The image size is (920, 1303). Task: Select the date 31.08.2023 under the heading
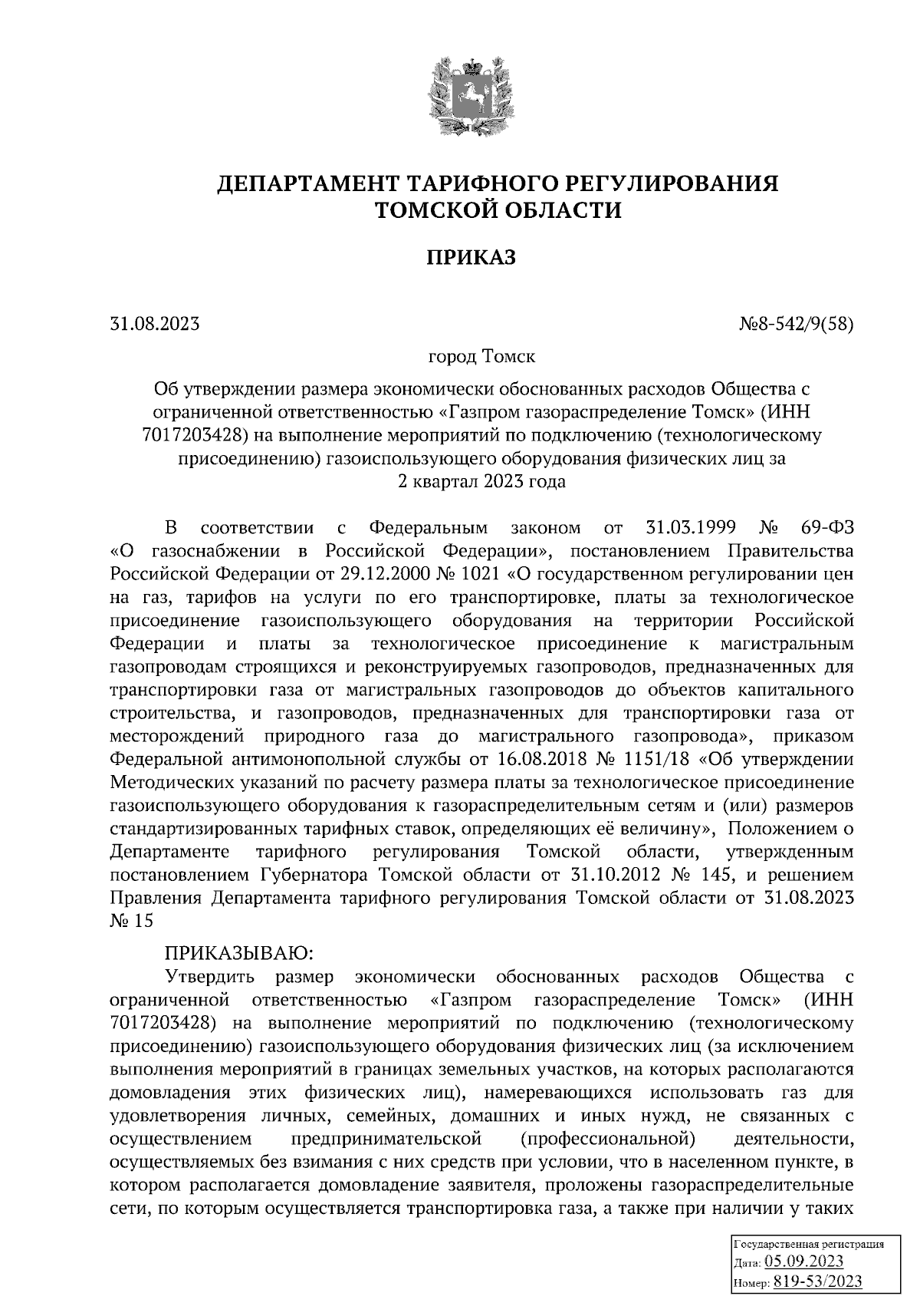click(x=155, y=325)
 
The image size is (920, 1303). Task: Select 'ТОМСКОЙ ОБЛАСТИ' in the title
click(x=497, y=209)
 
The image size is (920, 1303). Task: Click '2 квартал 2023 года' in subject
click(x=481, y=482)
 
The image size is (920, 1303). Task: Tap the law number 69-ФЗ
click(x=825, y=528)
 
